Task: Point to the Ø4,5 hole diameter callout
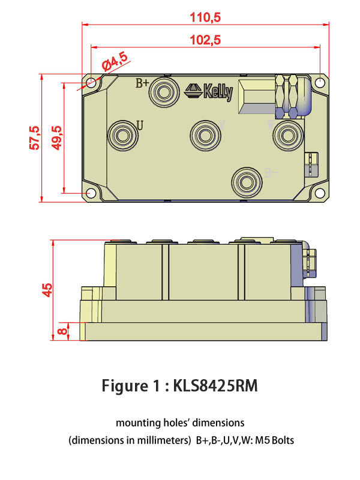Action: [115, 61]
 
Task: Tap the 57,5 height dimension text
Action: [35, 137]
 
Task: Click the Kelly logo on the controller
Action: [209, 91]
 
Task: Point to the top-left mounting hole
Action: [91, 83]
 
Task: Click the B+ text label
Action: [142, 83]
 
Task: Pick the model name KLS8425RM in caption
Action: [215, 385]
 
